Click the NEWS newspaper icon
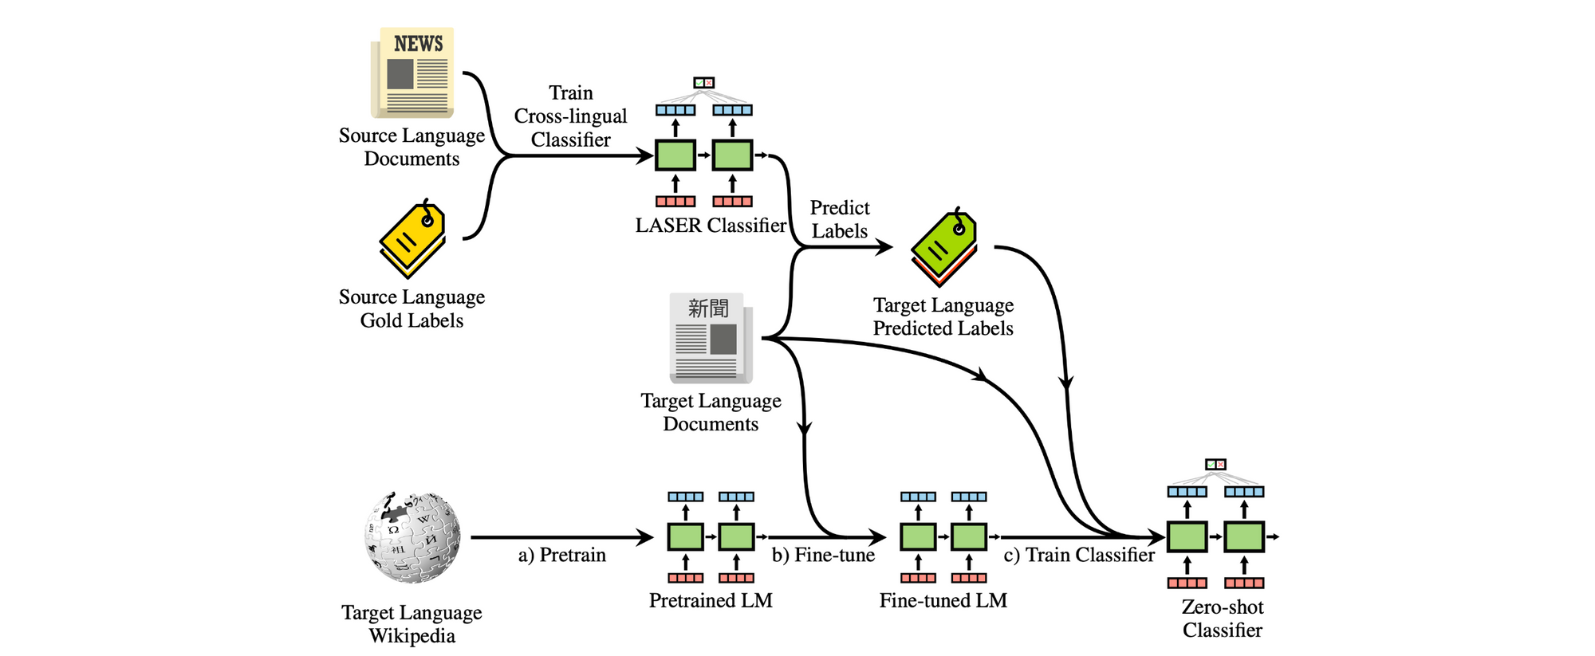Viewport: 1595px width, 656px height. [413, 73]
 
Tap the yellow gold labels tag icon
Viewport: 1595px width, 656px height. [412, 238]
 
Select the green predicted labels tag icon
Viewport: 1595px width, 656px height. [943, 247]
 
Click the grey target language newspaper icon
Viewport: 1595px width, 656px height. [711, 338]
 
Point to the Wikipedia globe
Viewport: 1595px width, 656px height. [412, 536]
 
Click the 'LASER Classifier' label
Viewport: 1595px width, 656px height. [711, 226]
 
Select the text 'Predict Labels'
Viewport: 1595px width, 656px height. [839, 219]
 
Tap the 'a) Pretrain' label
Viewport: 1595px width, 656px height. [561, 555]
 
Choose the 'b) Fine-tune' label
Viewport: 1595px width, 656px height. [823, 555]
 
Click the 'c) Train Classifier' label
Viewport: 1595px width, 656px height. [1078, 555]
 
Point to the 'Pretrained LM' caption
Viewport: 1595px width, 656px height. [711, 600]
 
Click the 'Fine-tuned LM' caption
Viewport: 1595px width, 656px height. [943, 600]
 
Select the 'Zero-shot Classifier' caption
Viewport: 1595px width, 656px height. [1222, 619]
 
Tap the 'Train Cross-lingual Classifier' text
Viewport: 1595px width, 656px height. [571, 116]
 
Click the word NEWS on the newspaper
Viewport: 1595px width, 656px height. [418, 44]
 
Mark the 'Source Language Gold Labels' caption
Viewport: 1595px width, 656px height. [412, 308]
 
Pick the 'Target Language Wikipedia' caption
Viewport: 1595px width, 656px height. [412, 624]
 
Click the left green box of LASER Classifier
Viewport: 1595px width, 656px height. [675, 155]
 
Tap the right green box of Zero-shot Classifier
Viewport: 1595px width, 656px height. [1244, 537]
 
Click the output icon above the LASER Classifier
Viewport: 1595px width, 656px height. [703, 83]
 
